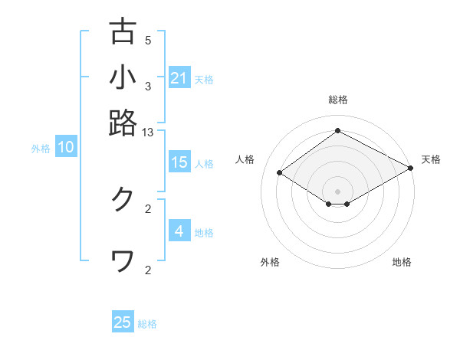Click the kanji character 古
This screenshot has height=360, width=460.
[123, 31]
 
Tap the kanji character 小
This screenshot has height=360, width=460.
[123, 77]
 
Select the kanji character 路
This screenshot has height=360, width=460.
[123, 123]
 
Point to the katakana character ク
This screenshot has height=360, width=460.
[123, 199]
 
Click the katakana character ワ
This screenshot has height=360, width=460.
[123, 261]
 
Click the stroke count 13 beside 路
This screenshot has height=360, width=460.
[148, 133]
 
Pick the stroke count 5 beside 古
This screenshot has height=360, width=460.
[148, 41]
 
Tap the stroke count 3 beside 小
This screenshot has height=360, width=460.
[148, 87]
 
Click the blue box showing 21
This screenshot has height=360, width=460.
[179, 78]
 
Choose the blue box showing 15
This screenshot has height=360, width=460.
[179, 162]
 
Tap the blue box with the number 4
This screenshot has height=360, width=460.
[179, 231]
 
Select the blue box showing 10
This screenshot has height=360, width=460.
[66, 147]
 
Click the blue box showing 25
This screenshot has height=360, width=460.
[123, 322]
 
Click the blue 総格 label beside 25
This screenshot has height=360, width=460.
[147, 324]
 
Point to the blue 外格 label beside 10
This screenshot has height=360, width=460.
[41, 149]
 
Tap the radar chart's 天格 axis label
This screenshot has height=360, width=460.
[431, 159]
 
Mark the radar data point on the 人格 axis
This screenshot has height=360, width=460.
[280, 173]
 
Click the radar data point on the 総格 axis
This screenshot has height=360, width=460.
[337, 130]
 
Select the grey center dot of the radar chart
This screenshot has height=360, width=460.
[337, 191]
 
